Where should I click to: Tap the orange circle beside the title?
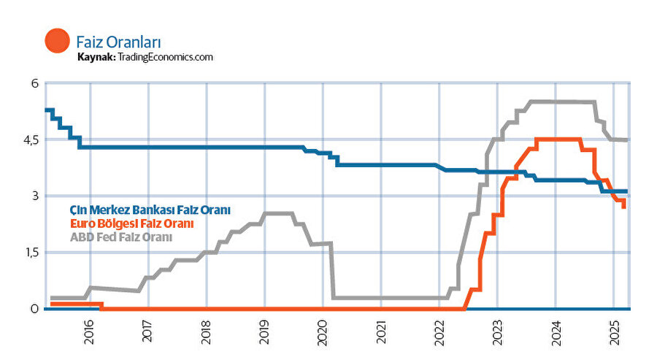tap(57, 41)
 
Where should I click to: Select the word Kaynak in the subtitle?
tap(96, 57)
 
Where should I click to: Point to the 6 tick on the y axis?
tap(34, 83)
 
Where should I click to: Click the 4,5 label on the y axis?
tap(29, 139)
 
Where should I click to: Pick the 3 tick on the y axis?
tap(34, 196)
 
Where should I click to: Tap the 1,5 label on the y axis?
tap(29, 252)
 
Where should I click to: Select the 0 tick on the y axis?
tap(34, 309)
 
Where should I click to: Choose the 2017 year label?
tap(148, 333)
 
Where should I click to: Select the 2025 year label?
tap(614, 333)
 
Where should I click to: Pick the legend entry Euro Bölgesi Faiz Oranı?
tap(132, 223)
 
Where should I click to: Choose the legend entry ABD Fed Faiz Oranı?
tap(121, 237)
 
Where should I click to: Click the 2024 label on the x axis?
tap(556, 333)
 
